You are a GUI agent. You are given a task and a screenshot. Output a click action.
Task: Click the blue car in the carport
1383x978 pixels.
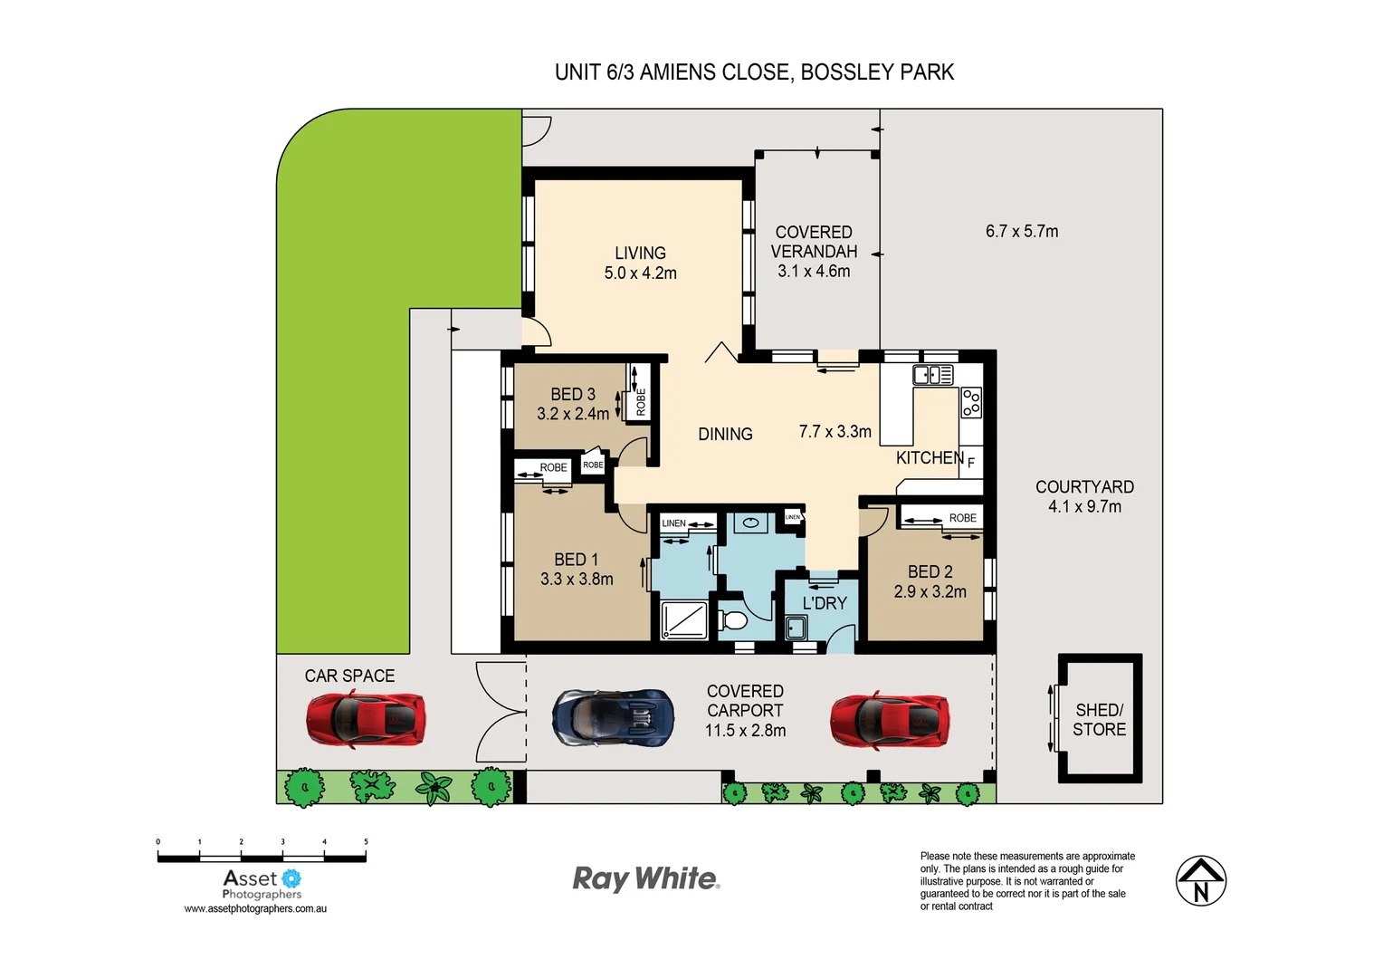tap(614, 717)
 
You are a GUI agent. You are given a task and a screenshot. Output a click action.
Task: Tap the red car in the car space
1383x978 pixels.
tap(366, 719)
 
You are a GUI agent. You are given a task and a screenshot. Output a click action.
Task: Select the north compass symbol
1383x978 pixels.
tap(1200, 881)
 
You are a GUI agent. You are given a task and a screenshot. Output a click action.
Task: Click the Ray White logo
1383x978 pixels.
tap(646, 878)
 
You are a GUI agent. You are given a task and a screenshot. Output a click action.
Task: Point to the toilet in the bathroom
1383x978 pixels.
tap(733, 621)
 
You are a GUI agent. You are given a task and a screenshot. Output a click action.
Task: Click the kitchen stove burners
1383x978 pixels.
tap(971, 402)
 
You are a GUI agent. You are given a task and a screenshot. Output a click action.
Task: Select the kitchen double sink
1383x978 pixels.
tap(932, 375)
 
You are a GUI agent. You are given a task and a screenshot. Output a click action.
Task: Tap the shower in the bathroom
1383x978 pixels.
tap(684, 620)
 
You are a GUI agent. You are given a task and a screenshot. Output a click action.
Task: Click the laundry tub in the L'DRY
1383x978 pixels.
tap(796, 627)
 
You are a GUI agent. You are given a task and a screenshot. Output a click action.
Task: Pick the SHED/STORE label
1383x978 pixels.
tap(1099, 720)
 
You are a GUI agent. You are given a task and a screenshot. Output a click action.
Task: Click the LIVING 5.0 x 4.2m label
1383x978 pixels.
tap(640, 264)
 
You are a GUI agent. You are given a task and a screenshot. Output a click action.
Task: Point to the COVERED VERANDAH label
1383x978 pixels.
tap(814, 243)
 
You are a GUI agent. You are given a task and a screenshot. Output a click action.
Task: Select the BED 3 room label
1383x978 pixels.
tap(573, 394)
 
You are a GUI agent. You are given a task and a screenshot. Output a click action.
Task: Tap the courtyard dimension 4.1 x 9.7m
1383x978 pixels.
tap(1084, 507)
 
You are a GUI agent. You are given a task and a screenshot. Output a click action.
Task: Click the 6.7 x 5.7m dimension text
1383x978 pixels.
tap(1022, 232)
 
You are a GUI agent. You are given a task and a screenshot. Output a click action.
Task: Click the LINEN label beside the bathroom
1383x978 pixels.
tap(673, 523)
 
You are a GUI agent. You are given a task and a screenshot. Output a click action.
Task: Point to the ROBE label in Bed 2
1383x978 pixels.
tap(962, 518)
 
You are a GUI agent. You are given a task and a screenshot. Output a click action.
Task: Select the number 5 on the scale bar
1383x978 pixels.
tap(366, 842)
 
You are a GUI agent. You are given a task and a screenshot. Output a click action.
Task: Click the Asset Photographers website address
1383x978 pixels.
tap(255, 909)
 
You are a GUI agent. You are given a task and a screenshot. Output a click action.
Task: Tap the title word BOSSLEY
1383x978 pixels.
tap(843, 72)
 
